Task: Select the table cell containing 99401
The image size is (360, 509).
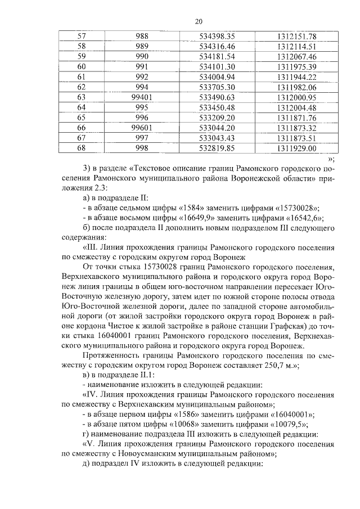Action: pos(142,97)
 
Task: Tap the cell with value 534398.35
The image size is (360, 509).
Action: pos(217,36)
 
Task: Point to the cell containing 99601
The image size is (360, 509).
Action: pos(142,128)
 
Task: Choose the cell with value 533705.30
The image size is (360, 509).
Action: pos(217,87)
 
